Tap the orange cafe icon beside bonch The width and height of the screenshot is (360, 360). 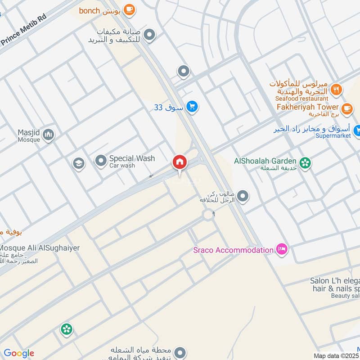pos(129,9)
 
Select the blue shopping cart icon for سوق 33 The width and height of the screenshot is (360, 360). pos(193,107)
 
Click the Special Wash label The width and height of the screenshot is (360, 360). pos(132,158)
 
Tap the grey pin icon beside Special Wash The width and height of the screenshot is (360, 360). pos(100,161)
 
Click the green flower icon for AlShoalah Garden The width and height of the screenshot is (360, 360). pos(306,163)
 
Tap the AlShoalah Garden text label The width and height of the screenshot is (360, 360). pos(265,161)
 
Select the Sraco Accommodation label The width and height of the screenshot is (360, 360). pos(233,250)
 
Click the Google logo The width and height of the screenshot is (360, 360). pos(18,353)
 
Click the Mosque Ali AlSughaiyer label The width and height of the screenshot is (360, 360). pos(40,248)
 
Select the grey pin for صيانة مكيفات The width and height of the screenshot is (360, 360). pos(149,34)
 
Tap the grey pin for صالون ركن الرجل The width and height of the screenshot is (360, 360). pos(243,196)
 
